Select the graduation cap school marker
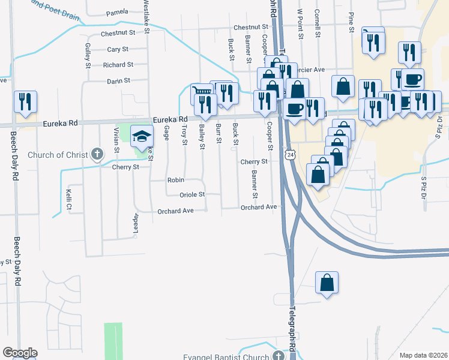pos(142,136)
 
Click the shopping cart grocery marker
pos(202,95)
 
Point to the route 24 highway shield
pos(291,155)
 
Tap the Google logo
pos(19,353)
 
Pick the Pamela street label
pos(117,13)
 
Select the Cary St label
pos(117,49)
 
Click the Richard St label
pos(118,65)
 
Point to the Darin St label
pos(118,80)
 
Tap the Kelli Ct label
pos(69,195)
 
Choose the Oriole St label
pos(192,194)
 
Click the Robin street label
pos(175,180)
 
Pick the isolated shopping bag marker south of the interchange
pos(326,283)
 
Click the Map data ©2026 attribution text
pos(423,355)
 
